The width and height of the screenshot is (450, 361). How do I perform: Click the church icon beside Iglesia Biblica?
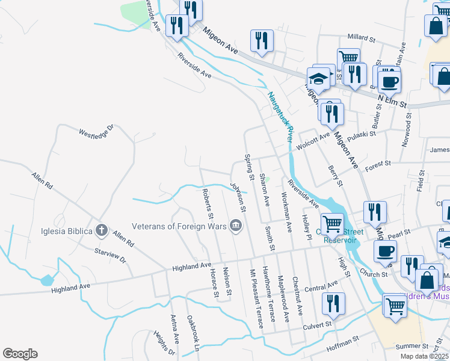[102, 230]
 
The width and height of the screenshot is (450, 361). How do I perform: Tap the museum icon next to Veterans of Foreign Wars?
[236, 226]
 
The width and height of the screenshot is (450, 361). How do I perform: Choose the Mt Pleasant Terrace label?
[257, 298]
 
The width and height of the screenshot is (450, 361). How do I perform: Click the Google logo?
[20, 354]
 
